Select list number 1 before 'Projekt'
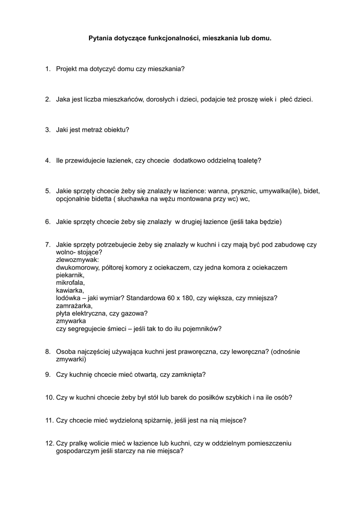pos(47,69)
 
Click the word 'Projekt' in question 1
pos(67,69)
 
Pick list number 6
pos(47,222)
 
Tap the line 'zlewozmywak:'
pos(78,260)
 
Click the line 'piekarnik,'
pos(71,275)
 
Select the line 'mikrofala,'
pos(71,283)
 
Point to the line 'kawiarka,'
pos(70,290)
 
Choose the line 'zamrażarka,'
pos(74,306)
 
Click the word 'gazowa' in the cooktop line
pos(134,314)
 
